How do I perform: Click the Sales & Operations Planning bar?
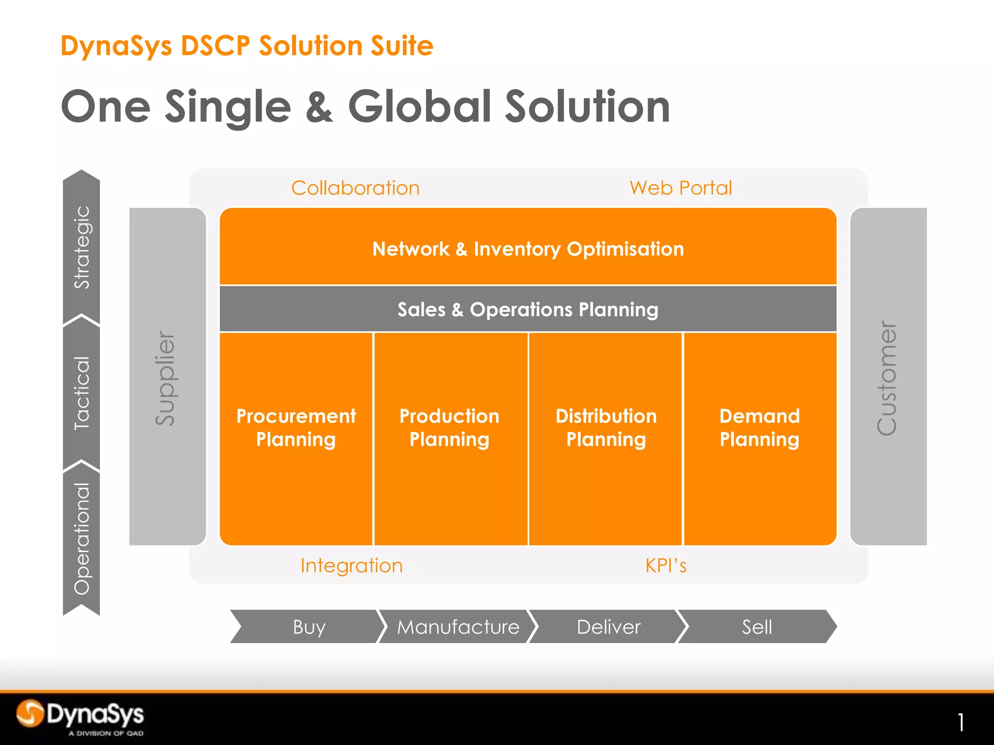click(528, 309)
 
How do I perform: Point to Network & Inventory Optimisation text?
click(528, 249)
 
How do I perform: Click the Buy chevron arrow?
click(309, 627)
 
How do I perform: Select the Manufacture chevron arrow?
click(458, 627)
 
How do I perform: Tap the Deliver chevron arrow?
click(608, 627)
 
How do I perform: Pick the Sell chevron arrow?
click(757, 627)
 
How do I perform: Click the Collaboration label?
click(355, 188)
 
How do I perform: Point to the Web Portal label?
click(680, 188)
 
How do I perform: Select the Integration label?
click(351, 566)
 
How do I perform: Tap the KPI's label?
click(666, 566)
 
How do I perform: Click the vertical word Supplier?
click(166, 378)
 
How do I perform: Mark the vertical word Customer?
click(887, 378)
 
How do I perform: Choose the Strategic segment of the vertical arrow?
click(82, 247)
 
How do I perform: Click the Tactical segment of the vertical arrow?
click(82, 393)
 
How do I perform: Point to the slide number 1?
click(961, 722)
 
